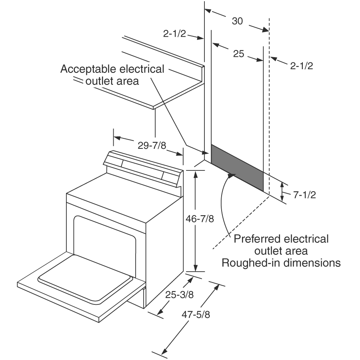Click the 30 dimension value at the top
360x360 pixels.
click(x=237, y=21)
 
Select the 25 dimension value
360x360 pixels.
click(x=238, y=54)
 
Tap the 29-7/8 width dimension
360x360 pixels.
click(x=152, y=146)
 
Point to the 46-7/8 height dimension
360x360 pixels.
click(x=200, y=219)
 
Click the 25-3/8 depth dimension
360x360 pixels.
click(x=180, y=294)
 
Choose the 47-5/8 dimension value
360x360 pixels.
click(x=196, y=314)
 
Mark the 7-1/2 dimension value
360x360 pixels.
click(x=304, y=195)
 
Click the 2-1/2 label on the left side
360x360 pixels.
click(x=174, y=34)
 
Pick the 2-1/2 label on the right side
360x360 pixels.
click(x=302, y=66)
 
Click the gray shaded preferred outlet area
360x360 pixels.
click(x=237, y=168)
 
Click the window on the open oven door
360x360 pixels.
click(x=85, y=278)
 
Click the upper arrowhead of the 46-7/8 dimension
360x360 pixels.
click(x=196, y=174)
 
